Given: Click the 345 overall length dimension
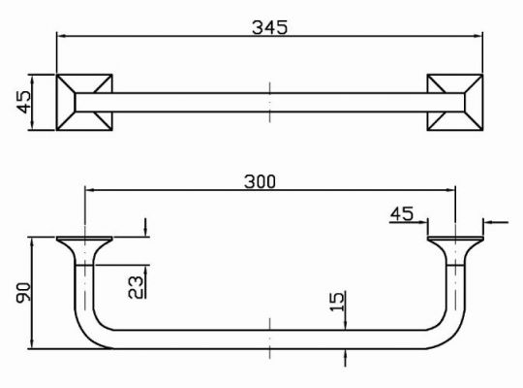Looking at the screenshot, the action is pyautogui.click(x=269, y=27).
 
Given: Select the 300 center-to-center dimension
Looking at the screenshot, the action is pyautogui.click(x=260, y=181).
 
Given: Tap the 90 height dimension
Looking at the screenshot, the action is pyautogui.click(x=23, y=293).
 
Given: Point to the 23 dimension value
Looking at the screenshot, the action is pyautogui.click(x=136, y=287).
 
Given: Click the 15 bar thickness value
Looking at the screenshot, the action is pyautogui.click(x=337, y=302).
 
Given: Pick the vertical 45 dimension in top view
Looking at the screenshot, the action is pyautogui.click(x=23, y=102).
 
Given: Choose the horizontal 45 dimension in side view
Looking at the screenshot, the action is pyautogui.click(x=402, y=213).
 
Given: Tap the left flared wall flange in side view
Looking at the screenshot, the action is pyautogui.click(x=84, y=250).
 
